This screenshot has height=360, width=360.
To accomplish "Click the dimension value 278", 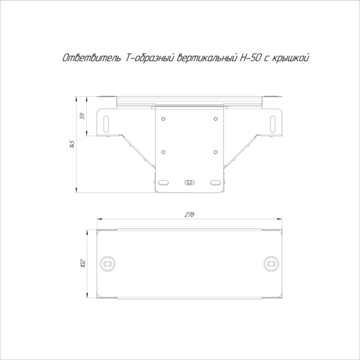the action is point(189,214).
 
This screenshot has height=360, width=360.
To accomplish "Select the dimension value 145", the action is point(72,144).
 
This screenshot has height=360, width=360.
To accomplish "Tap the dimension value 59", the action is point(83,116).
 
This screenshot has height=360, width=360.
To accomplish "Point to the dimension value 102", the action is point(83,263).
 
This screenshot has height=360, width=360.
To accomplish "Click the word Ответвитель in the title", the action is point(92,58).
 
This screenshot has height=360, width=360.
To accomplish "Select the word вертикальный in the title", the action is point(207,58).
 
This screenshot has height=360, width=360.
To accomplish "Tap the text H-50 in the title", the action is point(250,58).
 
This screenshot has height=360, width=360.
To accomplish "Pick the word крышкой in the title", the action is point(290,58).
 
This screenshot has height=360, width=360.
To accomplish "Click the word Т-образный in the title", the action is point(149,58).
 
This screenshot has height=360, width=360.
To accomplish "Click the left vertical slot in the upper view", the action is point(106,124).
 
